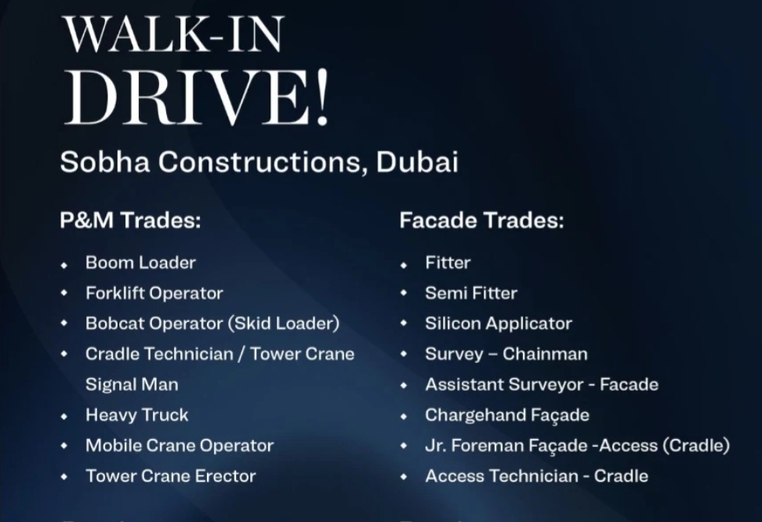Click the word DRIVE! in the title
tap(196, 99)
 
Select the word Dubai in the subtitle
tap(417, 162)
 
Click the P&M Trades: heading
tap(130, 220)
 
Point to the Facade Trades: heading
tap(481, 220)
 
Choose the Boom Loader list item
tap(140, 263)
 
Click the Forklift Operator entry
tap(154, 293)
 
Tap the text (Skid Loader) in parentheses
tap(284, 323)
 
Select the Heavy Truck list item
tap(136, 415)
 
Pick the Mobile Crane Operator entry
tap(179, 445)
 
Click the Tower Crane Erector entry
tap(170, 476)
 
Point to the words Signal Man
tap(131, 384)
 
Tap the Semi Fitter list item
tap(470, 293)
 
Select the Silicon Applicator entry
tap(498, 323)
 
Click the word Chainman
tap(545, 353)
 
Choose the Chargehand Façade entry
tap(506, 415)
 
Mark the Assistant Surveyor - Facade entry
tap(541, 384)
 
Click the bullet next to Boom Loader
tap(64, 265)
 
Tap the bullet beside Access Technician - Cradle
tap(404, 477)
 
